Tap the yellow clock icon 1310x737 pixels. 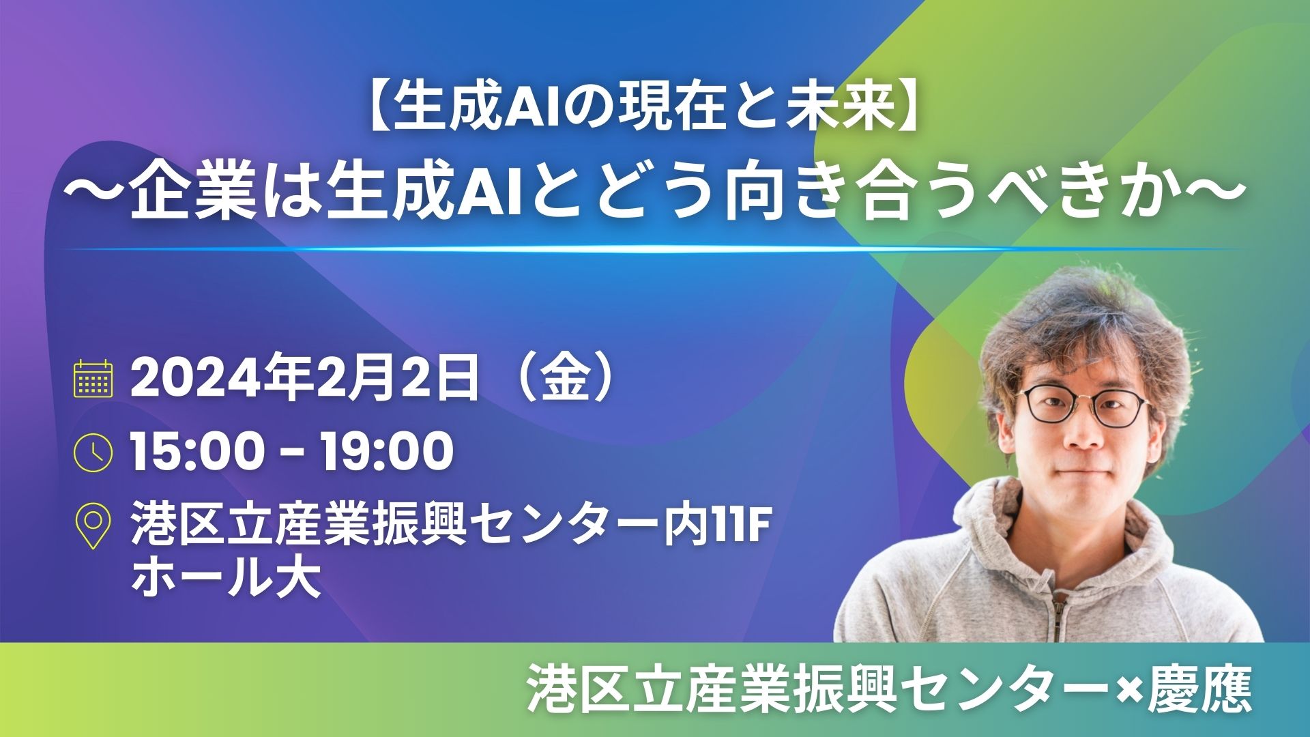93,451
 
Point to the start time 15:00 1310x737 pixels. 196,451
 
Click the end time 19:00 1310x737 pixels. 386,451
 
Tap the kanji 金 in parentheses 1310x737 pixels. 565,379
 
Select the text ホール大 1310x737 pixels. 226,579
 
